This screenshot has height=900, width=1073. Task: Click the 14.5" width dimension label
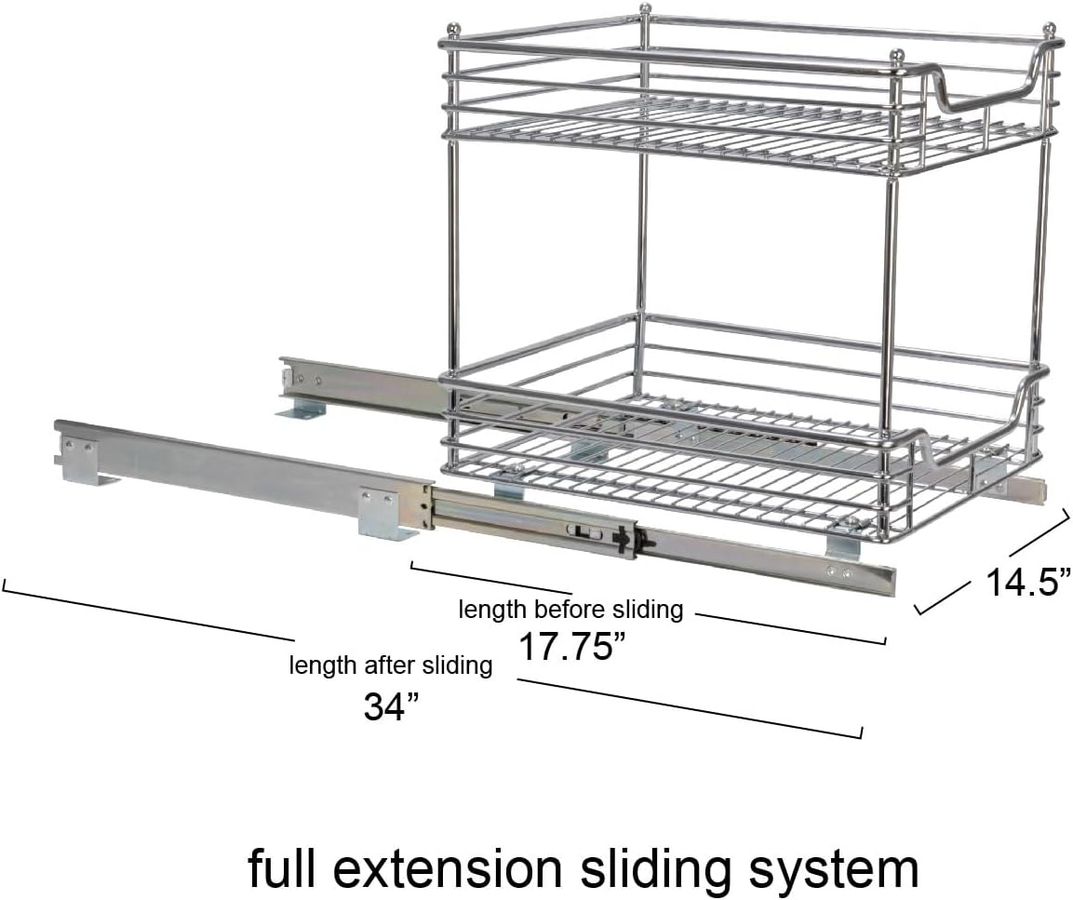tap(1027, 584)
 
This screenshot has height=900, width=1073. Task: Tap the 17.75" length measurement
tap(572, 645)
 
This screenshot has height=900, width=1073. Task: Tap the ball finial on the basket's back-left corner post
tap(451, 30)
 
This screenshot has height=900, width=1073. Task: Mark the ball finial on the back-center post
tap(643, 9)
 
